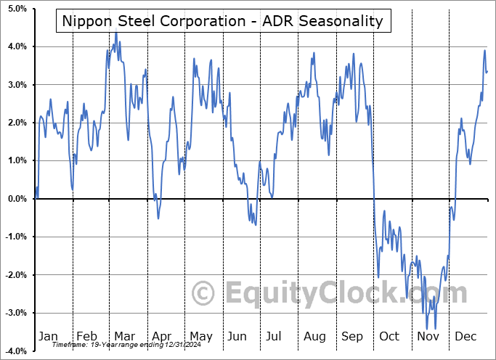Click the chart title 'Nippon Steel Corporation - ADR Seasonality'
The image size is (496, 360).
[223, 21]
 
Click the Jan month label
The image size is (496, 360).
[48, 336]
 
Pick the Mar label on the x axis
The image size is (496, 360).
[125, 336]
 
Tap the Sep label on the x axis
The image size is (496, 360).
[352, 336]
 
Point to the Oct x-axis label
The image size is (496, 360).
[390, 336]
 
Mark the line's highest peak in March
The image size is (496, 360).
[115, 33]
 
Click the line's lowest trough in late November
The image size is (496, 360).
[435, 329]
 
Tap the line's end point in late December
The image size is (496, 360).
[487, 71]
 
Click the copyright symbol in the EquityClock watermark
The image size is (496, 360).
[204, 293]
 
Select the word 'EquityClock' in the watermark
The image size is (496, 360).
[345, 293]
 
